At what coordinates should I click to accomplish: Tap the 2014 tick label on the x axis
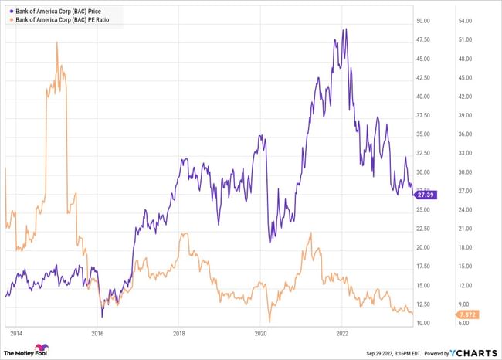(15, 334)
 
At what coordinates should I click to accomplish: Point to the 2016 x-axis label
(97, 334)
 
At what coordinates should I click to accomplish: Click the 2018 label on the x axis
(179, 334)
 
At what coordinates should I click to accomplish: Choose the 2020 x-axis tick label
(261, 334)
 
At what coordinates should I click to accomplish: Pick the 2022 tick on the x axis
(343, 334)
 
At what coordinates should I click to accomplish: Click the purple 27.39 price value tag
(426, 195)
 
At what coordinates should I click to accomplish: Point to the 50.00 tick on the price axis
(423, 21)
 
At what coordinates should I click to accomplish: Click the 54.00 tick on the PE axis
(464, 21)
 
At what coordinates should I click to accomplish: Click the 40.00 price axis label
(423, 97)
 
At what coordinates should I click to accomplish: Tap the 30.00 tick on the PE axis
(464, 172)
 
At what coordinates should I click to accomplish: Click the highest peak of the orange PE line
(57, 42)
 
